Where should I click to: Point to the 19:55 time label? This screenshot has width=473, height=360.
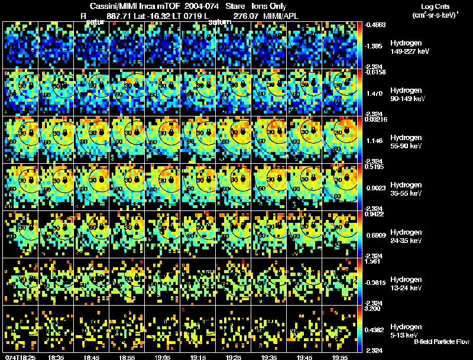pos(340,357)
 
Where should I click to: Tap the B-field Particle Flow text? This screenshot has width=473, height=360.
pos(440,342)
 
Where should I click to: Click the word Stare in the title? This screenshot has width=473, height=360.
pos(235,5)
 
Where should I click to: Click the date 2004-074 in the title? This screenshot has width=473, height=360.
pos(198,5)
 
